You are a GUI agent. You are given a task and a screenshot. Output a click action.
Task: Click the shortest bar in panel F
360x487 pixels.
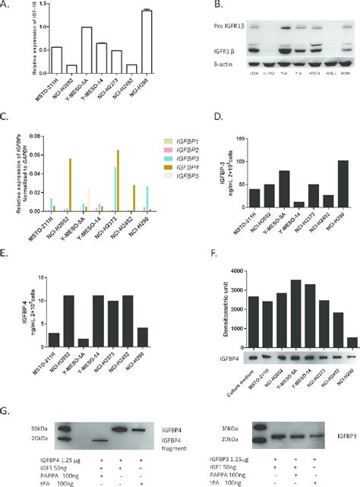point(349,337)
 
